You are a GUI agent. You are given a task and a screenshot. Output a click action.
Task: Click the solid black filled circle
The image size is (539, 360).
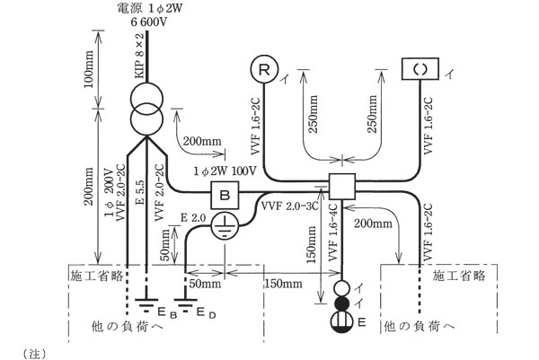coord(343,303)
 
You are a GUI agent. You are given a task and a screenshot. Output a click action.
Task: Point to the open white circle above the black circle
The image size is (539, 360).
coord(343,286)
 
